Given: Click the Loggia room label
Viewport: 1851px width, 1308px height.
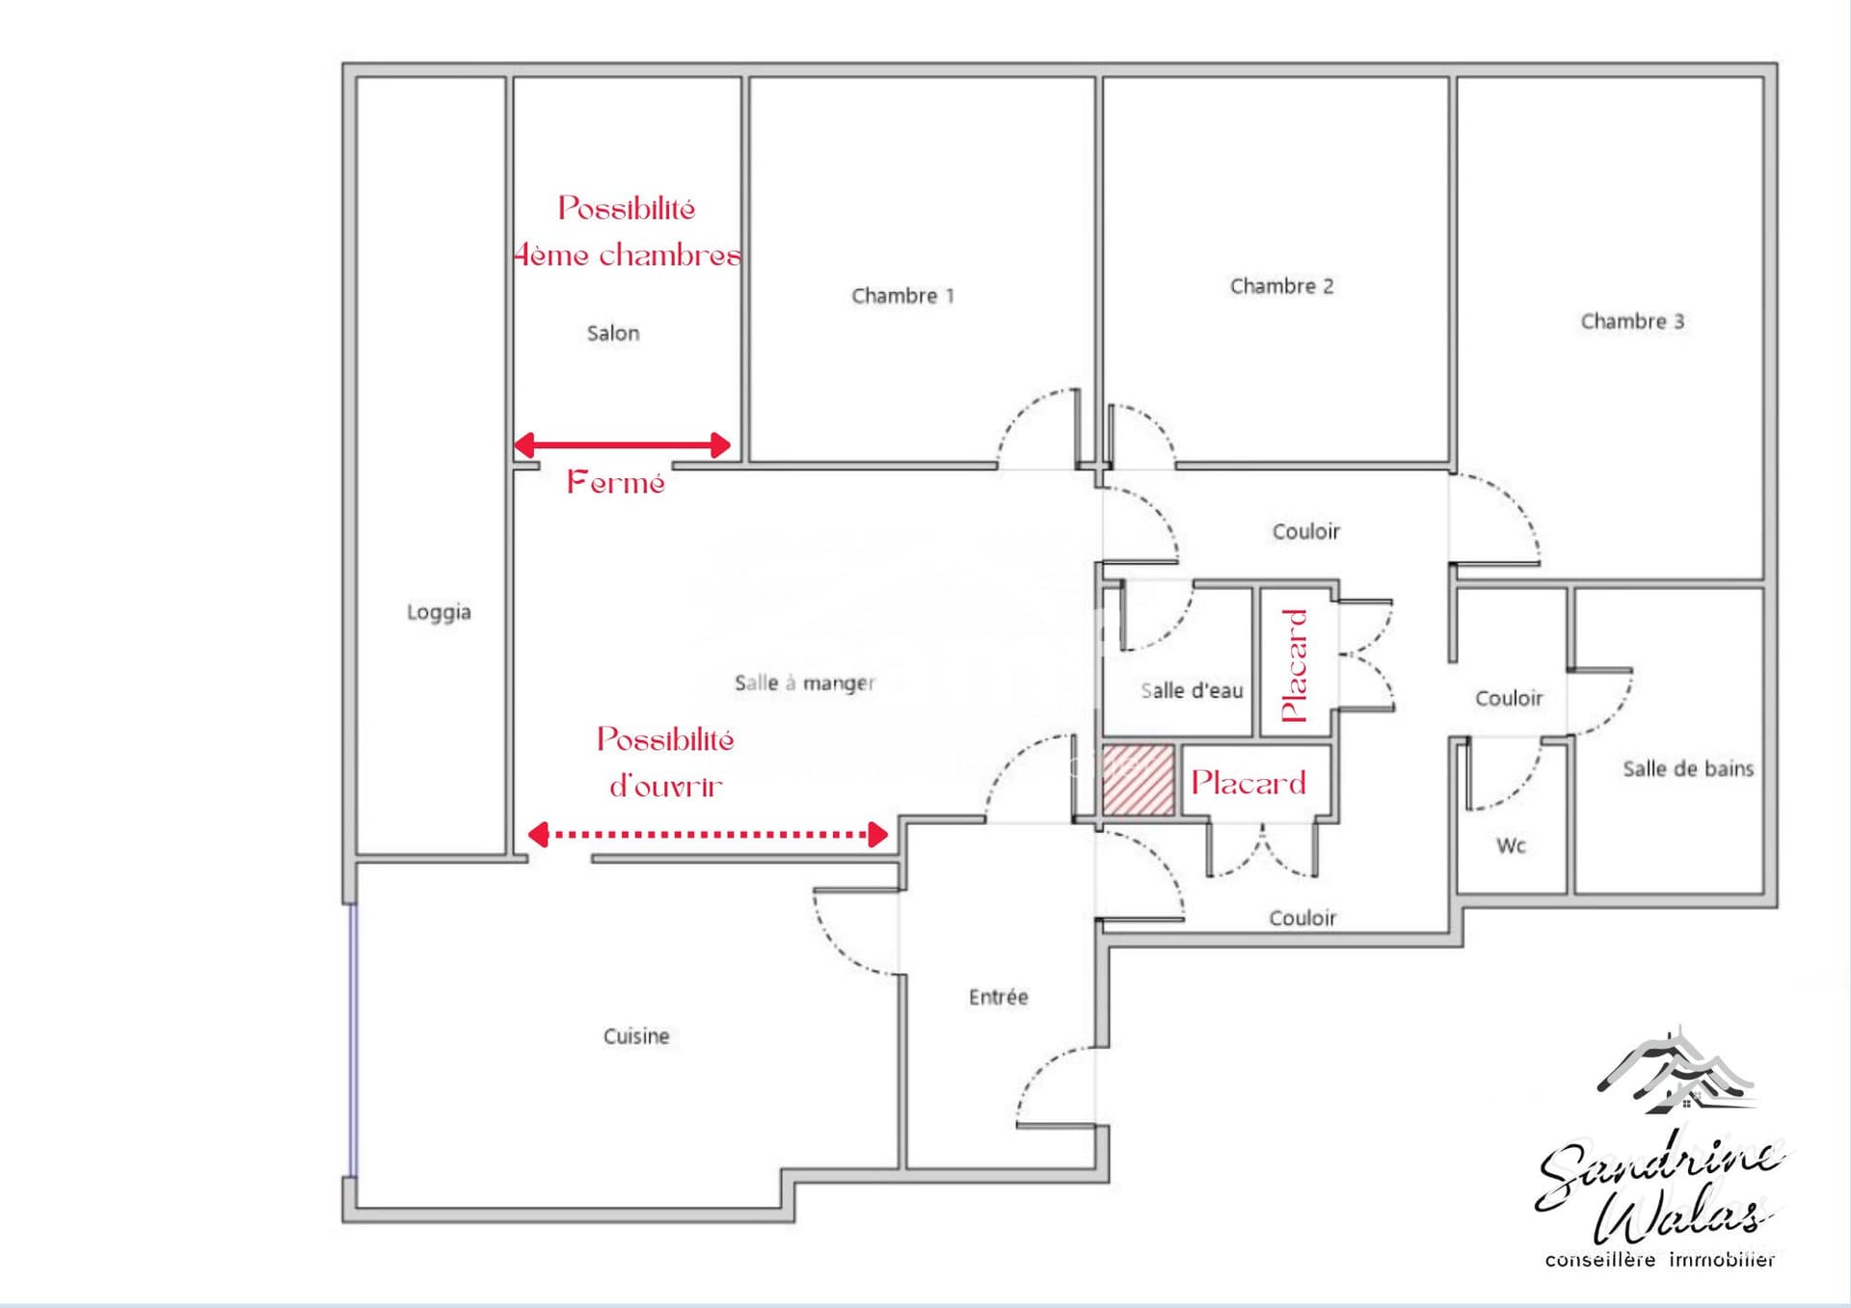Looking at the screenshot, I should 439,612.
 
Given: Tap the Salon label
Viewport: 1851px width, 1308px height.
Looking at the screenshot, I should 613,334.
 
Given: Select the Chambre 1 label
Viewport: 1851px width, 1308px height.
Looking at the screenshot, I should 902,296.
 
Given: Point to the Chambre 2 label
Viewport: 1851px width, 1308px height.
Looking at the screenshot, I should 1281,286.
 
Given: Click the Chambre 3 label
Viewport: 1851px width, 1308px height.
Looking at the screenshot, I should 1632,322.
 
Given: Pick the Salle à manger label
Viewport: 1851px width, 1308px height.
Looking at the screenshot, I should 804,683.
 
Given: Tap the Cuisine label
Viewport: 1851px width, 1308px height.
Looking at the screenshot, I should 636,1036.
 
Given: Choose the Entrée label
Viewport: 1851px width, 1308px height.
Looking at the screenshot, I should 998,998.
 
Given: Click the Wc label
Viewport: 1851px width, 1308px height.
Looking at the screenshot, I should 1511,846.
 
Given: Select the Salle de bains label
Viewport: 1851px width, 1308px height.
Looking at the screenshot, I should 1687,769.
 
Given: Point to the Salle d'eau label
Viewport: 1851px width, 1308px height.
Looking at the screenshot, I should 1192,691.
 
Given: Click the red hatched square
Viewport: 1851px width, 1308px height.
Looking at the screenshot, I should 1138,780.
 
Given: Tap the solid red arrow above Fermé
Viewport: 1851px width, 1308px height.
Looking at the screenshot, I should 622,444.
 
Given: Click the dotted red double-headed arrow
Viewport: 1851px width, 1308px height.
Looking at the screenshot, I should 708,834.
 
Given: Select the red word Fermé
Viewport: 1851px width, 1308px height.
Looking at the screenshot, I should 615,482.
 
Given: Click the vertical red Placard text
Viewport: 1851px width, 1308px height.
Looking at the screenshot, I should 1294,665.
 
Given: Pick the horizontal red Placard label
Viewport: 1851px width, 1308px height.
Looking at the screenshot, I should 1247,783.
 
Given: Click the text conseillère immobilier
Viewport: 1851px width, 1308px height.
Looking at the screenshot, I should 1659,1260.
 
